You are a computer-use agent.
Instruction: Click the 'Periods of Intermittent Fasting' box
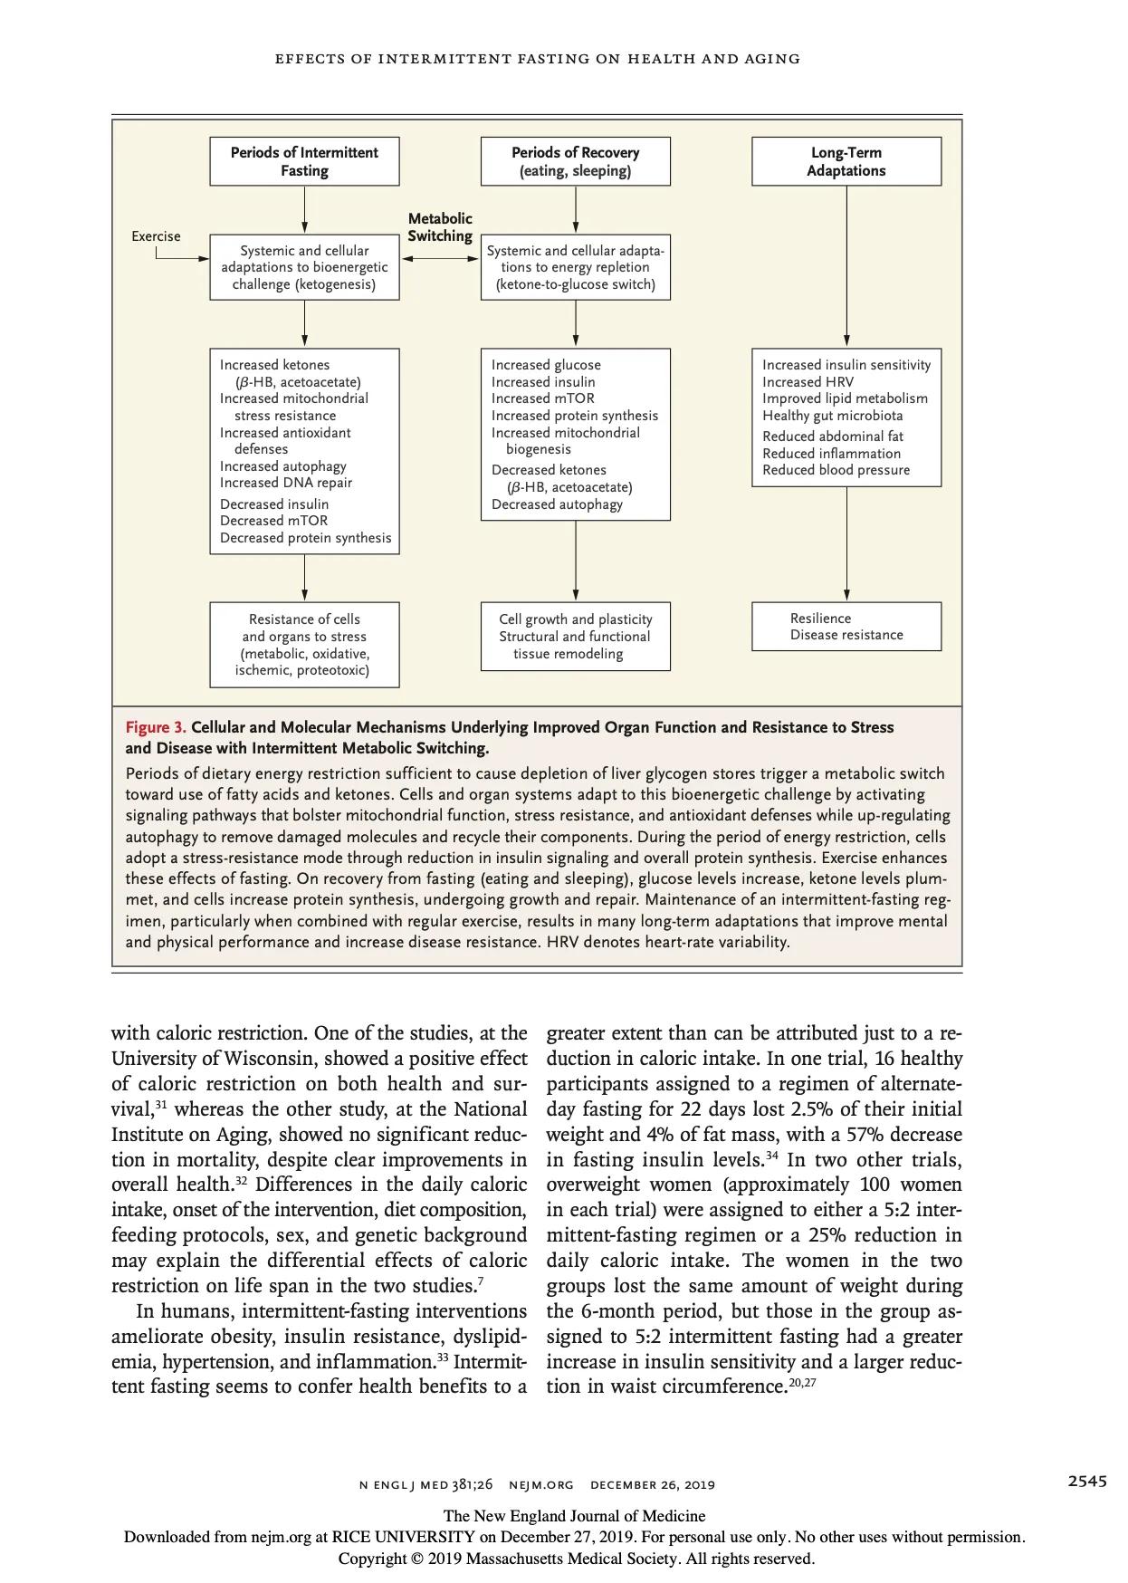pyautogui.click(x=304, y=161)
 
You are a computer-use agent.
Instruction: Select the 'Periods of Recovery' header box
pyautogui.click(x=575, y=161)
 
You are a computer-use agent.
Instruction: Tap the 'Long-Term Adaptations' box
pyautogui.click(x=846, y=161)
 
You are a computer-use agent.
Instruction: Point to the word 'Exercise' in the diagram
pyautogui.click(x=156, y=236)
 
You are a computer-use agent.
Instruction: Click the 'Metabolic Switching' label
pyautogui.click(x=440, y=227)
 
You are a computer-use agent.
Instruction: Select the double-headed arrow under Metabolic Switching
pyautogui.click(x=440, y=258)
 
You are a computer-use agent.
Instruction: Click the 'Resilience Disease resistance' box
pyautogui.click(x=846, y=627)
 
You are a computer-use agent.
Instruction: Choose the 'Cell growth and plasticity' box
pyautogui.click(x=575, y=637)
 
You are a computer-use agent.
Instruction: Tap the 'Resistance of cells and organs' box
pyautogui.click(x=304, y=645)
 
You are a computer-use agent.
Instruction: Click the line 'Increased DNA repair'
pyautogui.click(x=286, y=483)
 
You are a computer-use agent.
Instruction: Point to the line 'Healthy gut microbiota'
pyautogui.click(x=832, y=416)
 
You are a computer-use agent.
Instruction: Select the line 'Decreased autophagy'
pyautogui.click(x=557, y=504)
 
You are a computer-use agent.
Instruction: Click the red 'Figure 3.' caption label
pyautogui.click(x=156, y=727)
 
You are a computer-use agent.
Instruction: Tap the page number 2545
pyautogui.click(x=1086, y=1481)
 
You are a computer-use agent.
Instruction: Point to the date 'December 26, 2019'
pyautogui.click(x=652, y=1484)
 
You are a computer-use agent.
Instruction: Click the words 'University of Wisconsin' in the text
pyautogui.click(x=212, y=1059)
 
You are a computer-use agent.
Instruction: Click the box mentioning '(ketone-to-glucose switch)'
pyautogui.click(x=575, y=267)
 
